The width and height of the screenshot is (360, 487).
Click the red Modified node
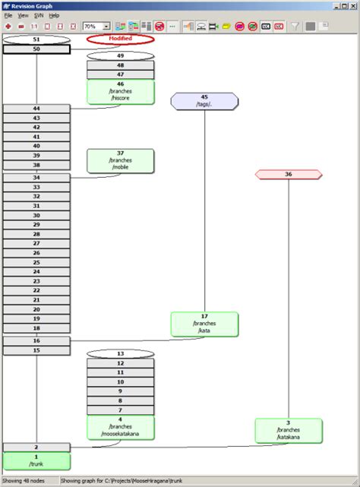120,39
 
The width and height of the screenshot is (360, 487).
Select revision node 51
36,40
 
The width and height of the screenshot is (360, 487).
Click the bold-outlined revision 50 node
36,49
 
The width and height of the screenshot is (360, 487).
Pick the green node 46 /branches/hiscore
120,92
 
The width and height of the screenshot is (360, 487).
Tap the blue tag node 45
204,101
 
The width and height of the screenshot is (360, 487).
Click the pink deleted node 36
289,175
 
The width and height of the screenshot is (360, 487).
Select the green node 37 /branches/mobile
120,160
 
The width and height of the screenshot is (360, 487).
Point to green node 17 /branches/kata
204,324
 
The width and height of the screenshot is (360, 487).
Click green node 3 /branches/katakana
289,430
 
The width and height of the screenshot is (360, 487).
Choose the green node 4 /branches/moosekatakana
120,427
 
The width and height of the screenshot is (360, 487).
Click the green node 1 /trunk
36,460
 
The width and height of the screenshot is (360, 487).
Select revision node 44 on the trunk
36,109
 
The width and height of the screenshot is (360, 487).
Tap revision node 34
36,178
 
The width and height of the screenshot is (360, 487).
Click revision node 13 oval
120,354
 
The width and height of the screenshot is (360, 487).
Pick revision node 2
36,447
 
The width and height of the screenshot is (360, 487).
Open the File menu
8,15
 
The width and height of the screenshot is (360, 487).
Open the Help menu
54,15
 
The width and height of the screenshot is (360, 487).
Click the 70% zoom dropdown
96,26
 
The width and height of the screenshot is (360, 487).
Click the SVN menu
39,15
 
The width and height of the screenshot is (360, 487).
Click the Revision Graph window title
33,5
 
